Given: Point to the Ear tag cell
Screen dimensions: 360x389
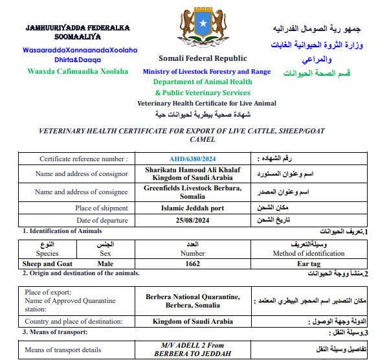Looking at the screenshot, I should coord(310,264).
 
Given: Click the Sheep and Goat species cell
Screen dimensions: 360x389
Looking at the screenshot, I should coord(48,264).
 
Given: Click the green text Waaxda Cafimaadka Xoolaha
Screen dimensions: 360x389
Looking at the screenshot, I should coord(78,71).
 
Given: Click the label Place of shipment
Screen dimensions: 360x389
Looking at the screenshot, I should coord(100,208).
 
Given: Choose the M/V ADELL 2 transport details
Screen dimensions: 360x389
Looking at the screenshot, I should coord(193,350).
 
